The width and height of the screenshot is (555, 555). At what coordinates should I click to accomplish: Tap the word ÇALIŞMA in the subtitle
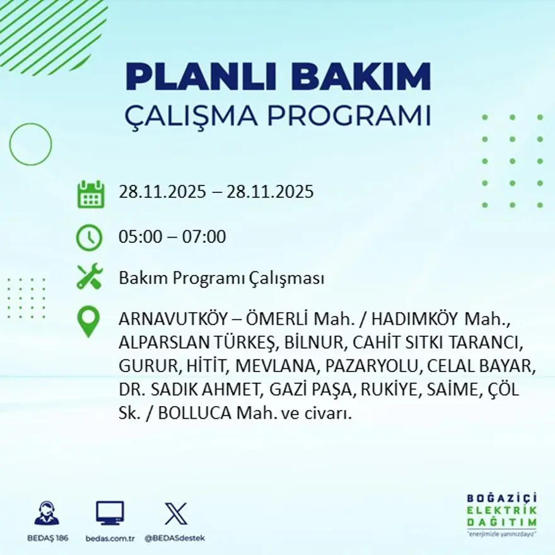tap(192, 117)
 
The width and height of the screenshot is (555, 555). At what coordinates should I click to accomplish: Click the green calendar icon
tap(90, 194)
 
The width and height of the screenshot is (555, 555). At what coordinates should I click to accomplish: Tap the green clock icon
tap(89, 238)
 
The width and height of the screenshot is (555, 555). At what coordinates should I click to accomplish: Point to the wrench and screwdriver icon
tap(89, 276)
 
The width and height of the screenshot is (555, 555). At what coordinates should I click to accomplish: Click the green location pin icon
tap(88, 320)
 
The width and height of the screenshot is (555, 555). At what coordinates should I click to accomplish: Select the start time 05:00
tap(138, 237)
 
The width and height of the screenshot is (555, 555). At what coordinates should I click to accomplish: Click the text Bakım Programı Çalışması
tap(221, 278)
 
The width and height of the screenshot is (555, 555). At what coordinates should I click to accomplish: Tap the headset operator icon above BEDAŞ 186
tap(47, 513)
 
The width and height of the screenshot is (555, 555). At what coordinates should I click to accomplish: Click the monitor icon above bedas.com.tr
tap(110, 513)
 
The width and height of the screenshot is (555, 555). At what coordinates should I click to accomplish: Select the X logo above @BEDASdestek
tap(175, 513)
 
